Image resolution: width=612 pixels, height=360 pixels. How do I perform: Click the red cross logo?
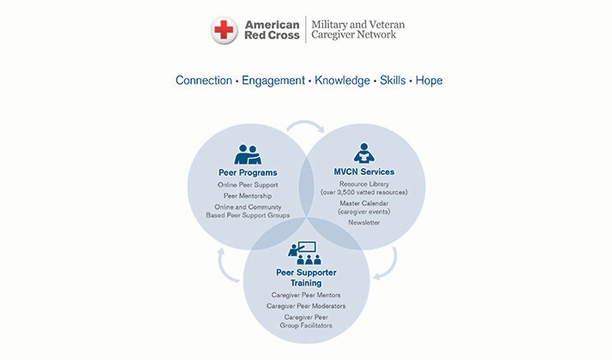(224, 30)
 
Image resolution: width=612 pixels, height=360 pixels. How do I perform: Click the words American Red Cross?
(272, 30)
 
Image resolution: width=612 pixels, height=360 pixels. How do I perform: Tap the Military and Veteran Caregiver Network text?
(358, 30)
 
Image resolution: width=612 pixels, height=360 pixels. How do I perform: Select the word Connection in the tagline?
(204, 81)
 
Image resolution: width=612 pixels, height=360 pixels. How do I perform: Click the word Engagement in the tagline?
(273, 81)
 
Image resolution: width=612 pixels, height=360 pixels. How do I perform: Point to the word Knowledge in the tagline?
(342, 81)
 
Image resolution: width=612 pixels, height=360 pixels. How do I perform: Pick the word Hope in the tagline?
(429, 81)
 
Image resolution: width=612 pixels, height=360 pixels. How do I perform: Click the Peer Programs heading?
(248, 172)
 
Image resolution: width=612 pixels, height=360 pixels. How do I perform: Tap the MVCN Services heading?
(364, 171)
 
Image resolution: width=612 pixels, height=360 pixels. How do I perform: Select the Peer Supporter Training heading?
(306, 278)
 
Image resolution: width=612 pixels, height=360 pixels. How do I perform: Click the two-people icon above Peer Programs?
(248, 154)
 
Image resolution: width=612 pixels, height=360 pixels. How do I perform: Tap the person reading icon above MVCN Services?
(364, 153)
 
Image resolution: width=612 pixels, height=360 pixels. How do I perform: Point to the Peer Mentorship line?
(248, 196)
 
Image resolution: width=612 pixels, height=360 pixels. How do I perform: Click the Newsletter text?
(364, 223)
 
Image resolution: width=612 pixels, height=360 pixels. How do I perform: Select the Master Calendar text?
(364, 203)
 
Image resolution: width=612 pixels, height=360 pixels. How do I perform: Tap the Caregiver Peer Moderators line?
(306, 306)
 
